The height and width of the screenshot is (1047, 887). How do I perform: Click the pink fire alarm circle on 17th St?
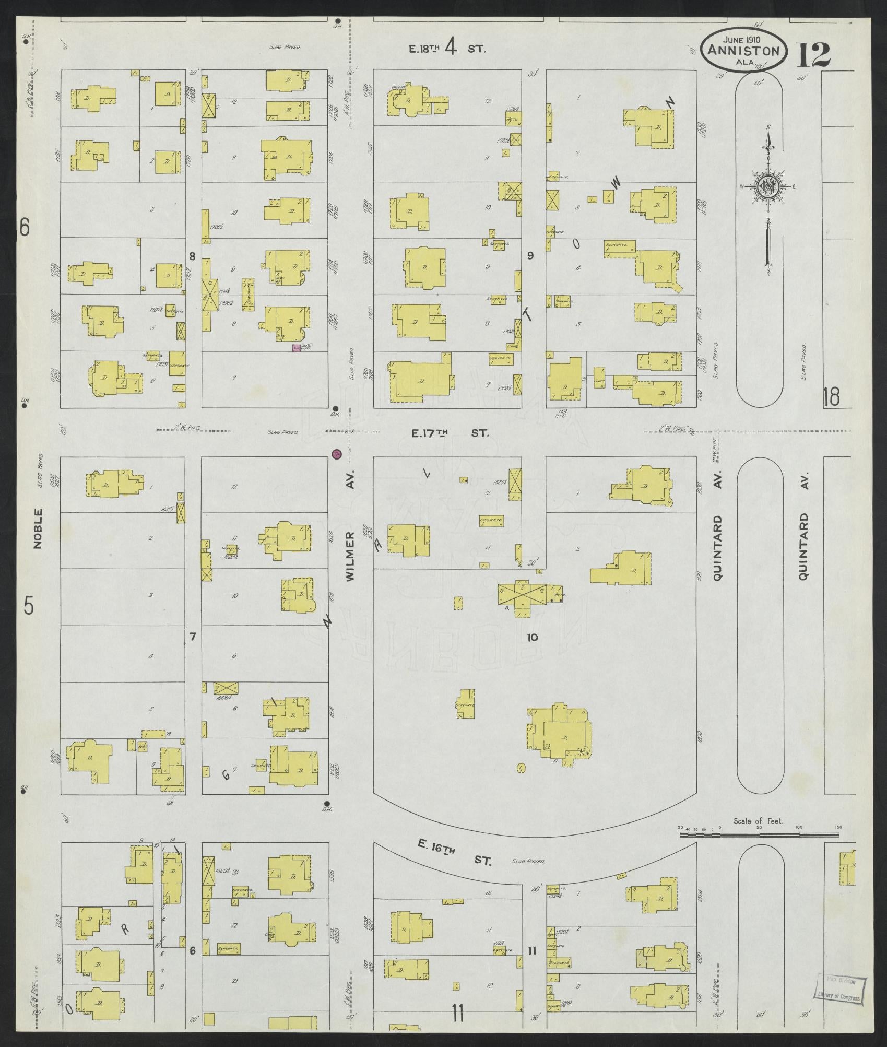click(x=337, y=454)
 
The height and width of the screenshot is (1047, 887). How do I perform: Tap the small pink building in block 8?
click(x=296, y=348)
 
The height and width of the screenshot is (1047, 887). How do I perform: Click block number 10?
click(x=532, y=637)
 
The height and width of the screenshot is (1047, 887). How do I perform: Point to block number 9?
click(x=530, y=255)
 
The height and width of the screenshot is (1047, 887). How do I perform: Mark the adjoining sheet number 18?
click(x=831, y=396)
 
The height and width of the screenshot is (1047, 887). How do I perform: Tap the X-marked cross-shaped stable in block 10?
click(x=522, y=594)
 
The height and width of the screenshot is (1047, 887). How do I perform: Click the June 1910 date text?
click(x=741, y=39)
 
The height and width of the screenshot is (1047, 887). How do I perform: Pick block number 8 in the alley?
click(x=192, y=256)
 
